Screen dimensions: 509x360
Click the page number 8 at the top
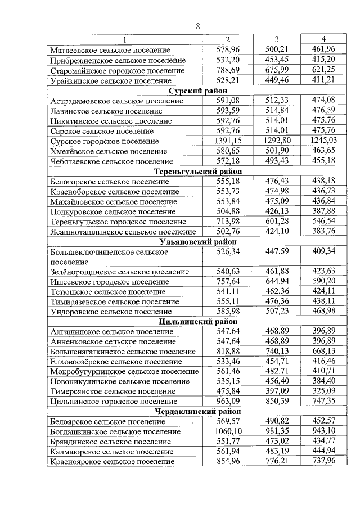[197, 26]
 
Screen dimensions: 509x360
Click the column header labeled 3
[277, 39]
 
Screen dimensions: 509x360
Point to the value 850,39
[277, 401]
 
